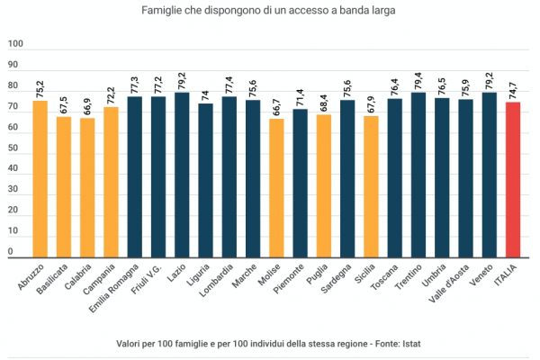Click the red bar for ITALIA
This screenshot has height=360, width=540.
[x=513, y=180]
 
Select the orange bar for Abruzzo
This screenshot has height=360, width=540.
[x=40, y=179]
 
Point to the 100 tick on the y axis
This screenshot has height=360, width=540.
[x=15, y=44]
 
